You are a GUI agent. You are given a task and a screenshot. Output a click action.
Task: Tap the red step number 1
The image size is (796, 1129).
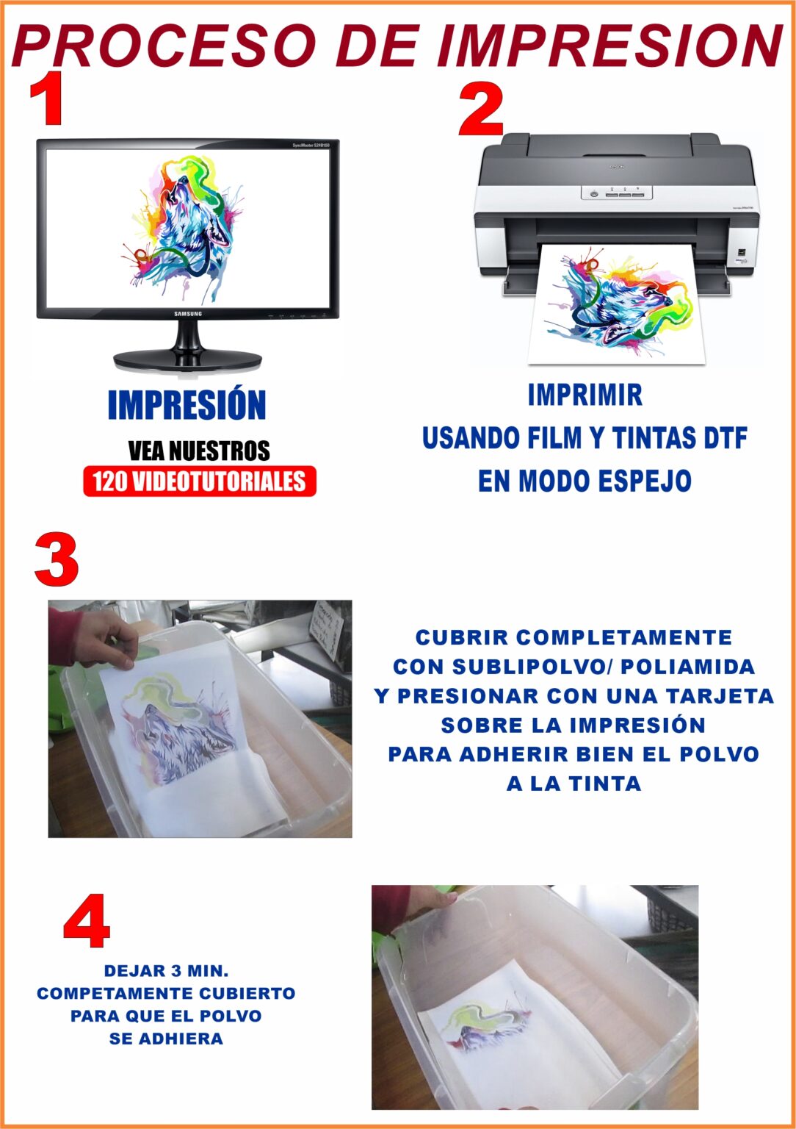click(x=48, y=99)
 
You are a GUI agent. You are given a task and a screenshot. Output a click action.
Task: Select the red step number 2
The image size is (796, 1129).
click(x=481, y=110)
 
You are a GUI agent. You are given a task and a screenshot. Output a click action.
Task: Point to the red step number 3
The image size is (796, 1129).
click(x=57, y=561)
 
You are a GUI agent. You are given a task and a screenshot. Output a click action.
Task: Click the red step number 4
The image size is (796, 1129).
click(x=87, y=922)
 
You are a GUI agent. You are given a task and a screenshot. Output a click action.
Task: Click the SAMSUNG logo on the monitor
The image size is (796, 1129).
click(x=188, y=314)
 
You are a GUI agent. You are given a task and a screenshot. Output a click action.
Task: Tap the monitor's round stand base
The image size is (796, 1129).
click(x=188, y=359)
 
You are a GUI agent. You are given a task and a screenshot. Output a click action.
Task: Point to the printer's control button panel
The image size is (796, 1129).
click(x=617, y=193)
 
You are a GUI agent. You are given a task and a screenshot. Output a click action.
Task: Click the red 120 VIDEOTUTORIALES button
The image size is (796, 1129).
click(x=200, y=481)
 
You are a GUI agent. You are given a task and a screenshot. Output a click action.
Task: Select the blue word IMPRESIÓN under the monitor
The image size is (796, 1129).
click(x=187, y=405)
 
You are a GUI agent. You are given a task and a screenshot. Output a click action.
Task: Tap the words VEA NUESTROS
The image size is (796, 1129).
click(x=199, y=451)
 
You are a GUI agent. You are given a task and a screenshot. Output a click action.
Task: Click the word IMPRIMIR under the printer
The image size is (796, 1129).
click(x=585, y=395)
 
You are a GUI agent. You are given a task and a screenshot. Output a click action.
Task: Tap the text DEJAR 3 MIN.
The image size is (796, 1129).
click(x=166, y=971)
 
